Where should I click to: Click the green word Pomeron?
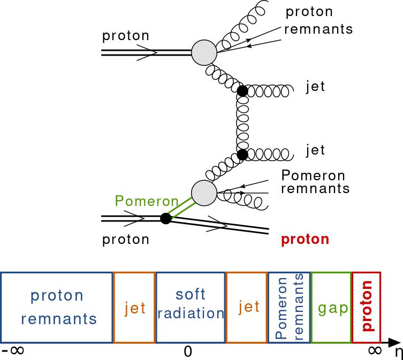[146, 201]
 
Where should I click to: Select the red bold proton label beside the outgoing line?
[305, 239]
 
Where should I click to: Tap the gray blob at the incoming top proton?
[204, 52]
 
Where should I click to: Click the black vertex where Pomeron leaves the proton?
[166, 218]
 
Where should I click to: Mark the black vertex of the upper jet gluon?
[242, 91]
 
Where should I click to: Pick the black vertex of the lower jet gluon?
[242, 155]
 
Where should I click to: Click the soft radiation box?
[190, 307]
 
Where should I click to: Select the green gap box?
[331, 307]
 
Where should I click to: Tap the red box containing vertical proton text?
[366, 307]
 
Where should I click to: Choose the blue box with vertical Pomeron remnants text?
[289, 307]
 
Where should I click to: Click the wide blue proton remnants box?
[57, 307]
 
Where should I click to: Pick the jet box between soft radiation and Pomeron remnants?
[246, 307]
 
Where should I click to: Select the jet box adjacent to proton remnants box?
[134, 307]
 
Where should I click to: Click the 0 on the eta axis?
[188, 351]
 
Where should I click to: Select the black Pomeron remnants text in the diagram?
[315, 182]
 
